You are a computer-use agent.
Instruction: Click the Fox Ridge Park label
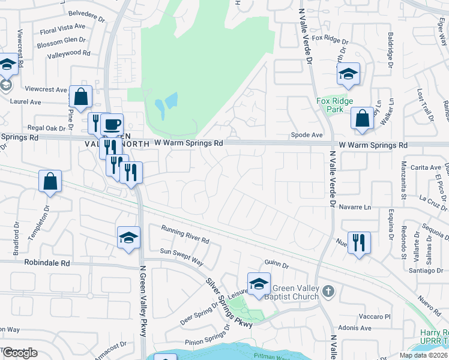(x=335, y=106)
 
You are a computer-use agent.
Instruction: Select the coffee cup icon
(x=112, y=125)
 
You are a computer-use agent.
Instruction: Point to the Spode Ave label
(x=307, y=135)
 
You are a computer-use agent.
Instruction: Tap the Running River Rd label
(x=185, y=235)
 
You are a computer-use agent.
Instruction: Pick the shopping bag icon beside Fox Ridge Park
(x=363, y=119)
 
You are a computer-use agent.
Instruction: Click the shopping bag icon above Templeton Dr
(x=50, y=181)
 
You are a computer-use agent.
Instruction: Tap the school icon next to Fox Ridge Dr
(x=348, y=74)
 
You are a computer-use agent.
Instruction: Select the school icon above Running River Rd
(x=128, y=238)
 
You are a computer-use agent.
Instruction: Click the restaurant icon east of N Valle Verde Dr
(x=359, y=243)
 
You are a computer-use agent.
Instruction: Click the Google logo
(x=20, y=353)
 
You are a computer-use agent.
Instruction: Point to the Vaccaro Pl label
(x=376, y=316)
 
